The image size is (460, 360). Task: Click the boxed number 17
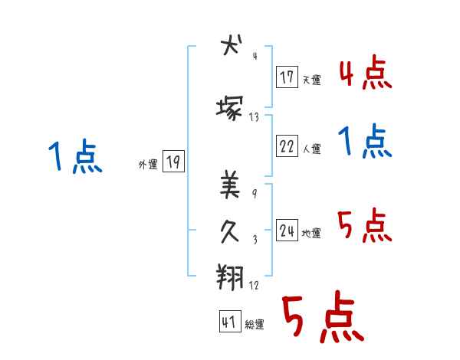tap(287, 77)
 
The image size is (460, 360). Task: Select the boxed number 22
tap(287, 148)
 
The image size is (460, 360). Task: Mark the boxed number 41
tap(229, 322)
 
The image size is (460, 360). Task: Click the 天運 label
tap(311, 79)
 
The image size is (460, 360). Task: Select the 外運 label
tap(147, 164)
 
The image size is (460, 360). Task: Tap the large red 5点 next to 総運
tap(321, 318)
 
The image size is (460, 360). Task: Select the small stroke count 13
tap(254, 117)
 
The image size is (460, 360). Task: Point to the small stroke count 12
tap(254, 285)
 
